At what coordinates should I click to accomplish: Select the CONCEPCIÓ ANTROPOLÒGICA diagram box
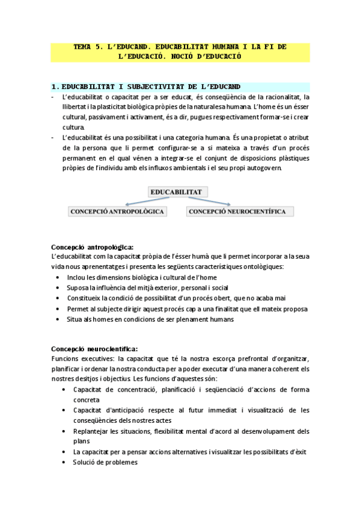118,211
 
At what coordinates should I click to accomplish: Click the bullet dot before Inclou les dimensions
57,277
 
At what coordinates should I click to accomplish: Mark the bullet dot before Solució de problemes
64,462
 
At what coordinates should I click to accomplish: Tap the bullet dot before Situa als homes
57,319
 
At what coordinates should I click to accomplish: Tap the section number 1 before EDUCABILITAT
53,87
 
